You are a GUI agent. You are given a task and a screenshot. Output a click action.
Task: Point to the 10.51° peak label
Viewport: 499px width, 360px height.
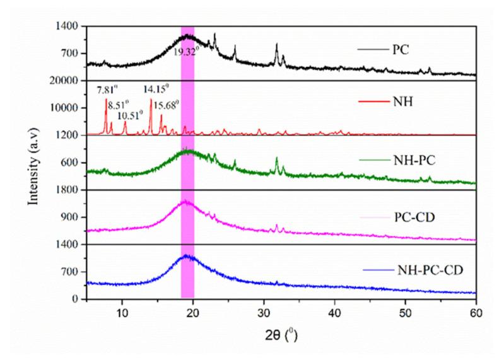(131, 116)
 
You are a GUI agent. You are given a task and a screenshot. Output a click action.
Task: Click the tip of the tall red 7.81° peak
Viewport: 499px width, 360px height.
(106, 99)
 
